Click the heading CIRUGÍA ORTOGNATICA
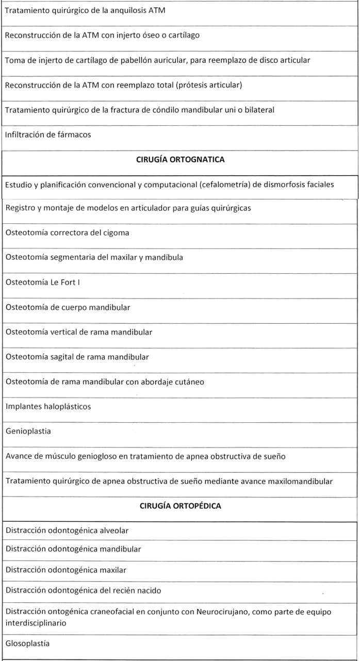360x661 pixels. pyautogui.click(x=180, y=160)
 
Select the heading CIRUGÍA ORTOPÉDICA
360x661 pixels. pyautogui.click(x=180, y=506)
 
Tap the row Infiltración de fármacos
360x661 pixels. pyautogui.click(x=48, y=135)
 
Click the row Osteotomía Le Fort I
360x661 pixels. pyautogui.click(x=43, y=282)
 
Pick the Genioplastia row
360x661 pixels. pyautogui.click(x=28, y=431)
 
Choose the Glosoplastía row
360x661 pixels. pyautogui.click(x=28, y=643)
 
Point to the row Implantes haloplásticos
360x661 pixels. pyautogui.click(x=48, y=406)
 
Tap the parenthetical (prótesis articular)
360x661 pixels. pyautogui.click(x=209, y=85)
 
